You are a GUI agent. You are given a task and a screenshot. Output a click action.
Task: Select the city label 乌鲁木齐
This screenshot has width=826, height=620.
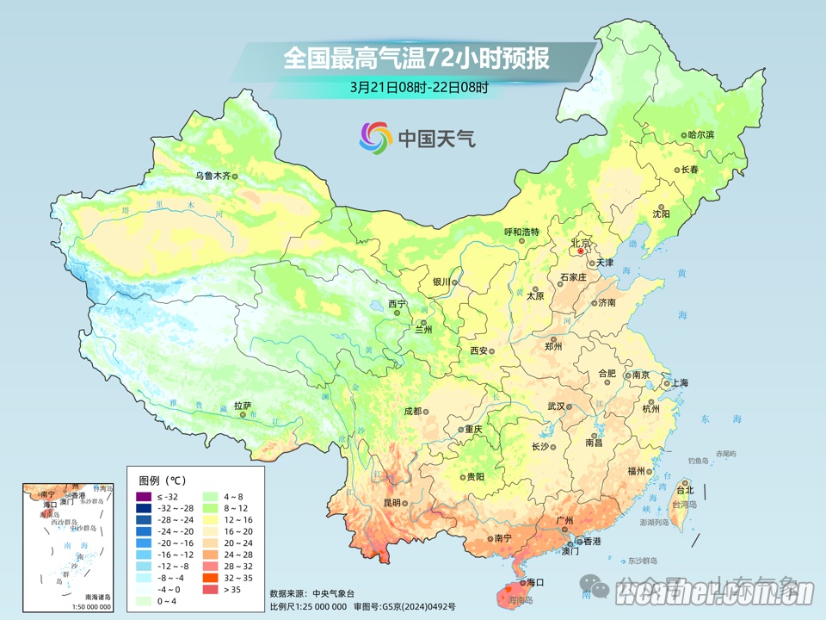pos(212,176)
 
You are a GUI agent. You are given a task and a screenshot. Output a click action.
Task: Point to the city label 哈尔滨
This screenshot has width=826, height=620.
pos(701,134)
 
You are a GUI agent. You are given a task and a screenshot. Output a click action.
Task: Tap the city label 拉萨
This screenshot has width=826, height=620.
pos(242,405)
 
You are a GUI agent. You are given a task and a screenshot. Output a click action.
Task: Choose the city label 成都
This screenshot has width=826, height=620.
pos(412,411)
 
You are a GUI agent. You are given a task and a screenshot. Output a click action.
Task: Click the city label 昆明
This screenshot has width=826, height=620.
pos(391,502)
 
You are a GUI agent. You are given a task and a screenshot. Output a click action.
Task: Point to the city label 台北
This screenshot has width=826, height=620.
pos(684,489)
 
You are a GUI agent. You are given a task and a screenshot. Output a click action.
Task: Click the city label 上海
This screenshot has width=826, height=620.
pos(680,382)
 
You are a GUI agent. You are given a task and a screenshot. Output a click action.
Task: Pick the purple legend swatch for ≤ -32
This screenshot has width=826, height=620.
pos(144,497)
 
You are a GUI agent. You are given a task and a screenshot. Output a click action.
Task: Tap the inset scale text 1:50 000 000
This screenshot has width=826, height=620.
pos(86,606)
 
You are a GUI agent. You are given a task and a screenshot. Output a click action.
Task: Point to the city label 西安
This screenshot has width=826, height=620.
pos(478,351)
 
